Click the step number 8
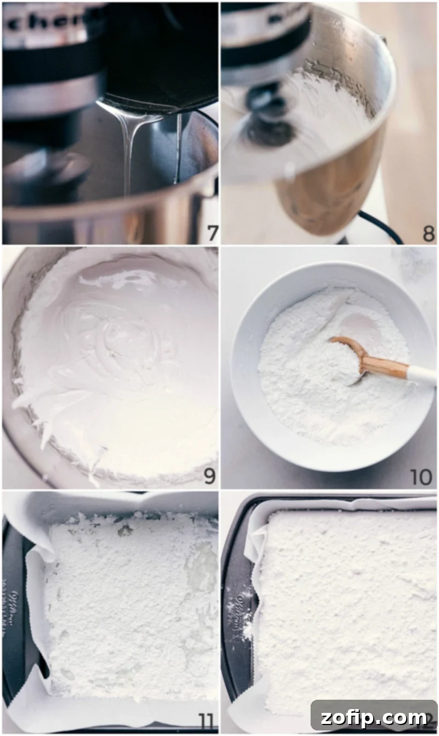429,233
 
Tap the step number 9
209,475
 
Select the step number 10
421,477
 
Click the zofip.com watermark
374,717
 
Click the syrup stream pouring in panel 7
128,148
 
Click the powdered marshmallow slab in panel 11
126,605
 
